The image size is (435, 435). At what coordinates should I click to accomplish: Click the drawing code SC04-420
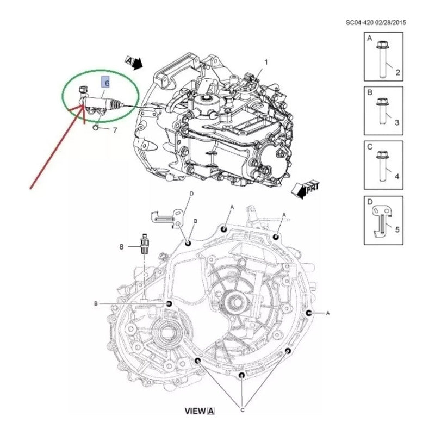click(359, 22)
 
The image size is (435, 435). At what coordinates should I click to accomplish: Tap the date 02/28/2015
click(390, 22)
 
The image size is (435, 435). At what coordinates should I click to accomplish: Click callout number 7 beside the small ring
click(115, 130)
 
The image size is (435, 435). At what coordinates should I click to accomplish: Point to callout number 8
click(121, 247)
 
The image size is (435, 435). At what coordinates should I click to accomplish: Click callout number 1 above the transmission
click(266, 62)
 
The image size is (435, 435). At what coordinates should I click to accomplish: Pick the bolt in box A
click(382, 59)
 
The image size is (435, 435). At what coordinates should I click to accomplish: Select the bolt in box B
click(382, 111)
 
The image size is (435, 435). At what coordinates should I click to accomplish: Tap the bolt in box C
click(382, 166)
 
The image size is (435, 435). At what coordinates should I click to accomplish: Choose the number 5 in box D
click(397, 229)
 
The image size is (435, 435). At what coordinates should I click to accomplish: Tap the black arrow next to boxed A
click(137, 64)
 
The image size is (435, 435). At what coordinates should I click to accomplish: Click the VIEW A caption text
click(200, 411)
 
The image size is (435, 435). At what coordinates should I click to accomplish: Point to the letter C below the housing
click(242, 411)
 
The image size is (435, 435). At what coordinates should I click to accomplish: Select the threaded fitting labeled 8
click(145, 243)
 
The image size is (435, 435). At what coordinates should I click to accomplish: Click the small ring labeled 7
click(96, 127)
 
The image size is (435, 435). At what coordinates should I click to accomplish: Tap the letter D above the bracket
click(191, 194)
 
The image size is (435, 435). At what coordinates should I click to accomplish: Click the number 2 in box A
click(398, 72)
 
